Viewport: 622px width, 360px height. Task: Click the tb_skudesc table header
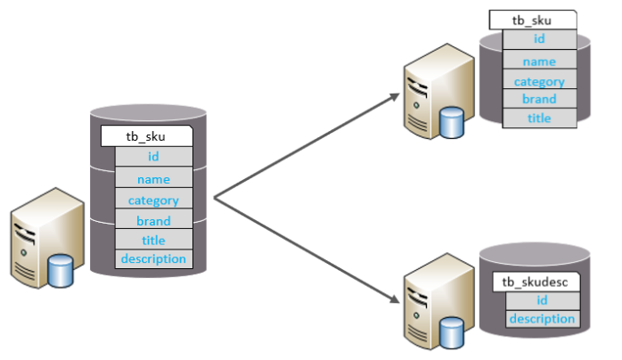pyautogui.click(x=536, y=282)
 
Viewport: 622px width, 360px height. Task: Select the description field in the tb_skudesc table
pyautogui.click(x=543, y=319)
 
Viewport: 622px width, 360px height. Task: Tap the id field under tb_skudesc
pyautogui.click(x=543, y=300)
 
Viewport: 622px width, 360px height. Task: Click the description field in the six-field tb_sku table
pyautogui.click(x=153, y=259)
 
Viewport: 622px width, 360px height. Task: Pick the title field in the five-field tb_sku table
pyautogui.click(x=539, y=119)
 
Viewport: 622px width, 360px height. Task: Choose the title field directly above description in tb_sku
pyautogui.click(x=153, y=240)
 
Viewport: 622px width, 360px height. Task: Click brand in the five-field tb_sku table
pyautogui.click(x=539, y=99)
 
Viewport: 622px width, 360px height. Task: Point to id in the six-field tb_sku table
pyautogui.click(x=153, y=156)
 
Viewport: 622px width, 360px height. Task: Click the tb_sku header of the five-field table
pyautogui.click(x=533, y=20)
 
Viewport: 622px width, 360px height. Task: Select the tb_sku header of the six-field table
pyautogui.click(x=147, y=136)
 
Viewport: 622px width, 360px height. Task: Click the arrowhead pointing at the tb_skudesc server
pyautogui.click(x=395, y=299)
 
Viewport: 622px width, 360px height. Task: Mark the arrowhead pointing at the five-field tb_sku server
pyautogui.click(x=395, y=96)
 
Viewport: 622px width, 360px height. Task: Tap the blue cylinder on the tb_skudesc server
pyautogui.click(x=452, y=332)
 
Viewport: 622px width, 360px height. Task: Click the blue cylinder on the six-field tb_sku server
pyautogui.click(x=61, y=271)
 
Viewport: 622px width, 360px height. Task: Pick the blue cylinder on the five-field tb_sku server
pyautogui.click(x=452, y=122)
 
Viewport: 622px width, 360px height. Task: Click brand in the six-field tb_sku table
pyautogui.click(x=153, y=219)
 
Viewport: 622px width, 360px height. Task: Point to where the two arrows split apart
pyautogui.click(x=214, y=198)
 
